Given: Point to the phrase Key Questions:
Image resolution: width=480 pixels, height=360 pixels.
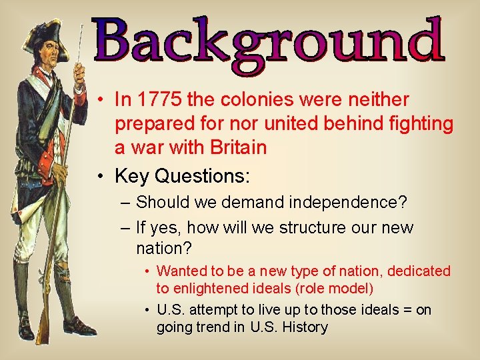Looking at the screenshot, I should tap(182, 176).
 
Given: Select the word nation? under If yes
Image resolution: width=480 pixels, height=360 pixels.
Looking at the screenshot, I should tap(164, 249).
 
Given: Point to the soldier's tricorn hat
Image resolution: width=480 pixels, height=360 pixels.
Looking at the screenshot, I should tap(47, 30).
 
